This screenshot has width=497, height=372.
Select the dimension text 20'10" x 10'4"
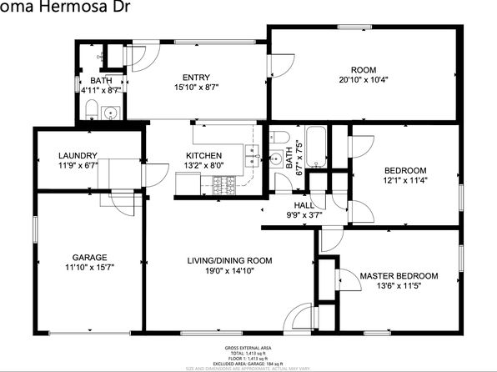tap(364, 80)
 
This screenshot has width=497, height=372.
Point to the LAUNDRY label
tap(78, 155)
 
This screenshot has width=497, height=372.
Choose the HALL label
tap(304, 205)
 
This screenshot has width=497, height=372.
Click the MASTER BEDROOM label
tap(399, 276)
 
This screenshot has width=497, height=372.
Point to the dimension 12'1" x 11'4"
tap(404, 181)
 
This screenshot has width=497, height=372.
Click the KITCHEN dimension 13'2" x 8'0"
tap(203, 165)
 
